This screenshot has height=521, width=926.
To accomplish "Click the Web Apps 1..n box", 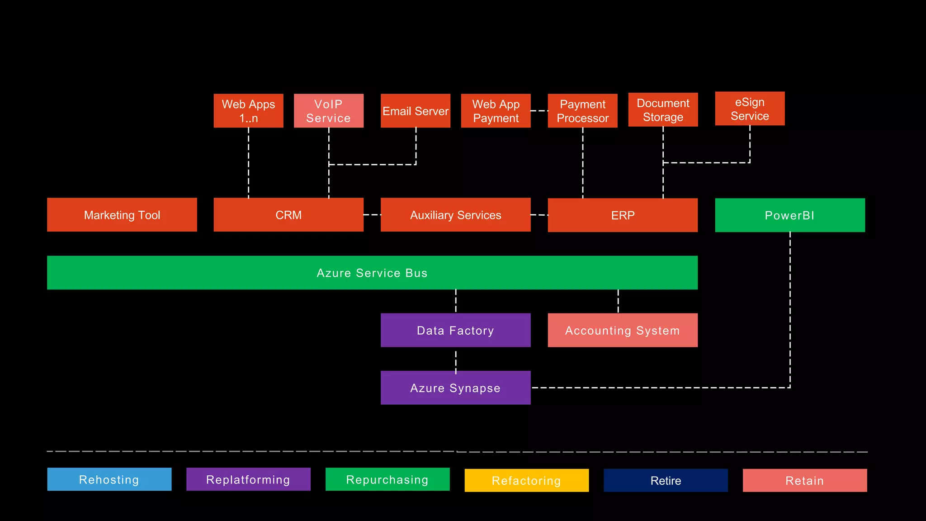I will pyautogui.click(x=248, y=111).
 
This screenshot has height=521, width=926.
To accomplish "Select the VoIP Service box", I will pyautogui.click(x=328, y=111).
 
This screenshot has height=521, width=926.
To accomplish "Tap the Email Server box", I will pyautogui.click(x=415, y=111).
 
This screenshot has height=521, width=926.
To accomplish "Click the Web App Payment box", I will pyautogui.click(x=496, y=111).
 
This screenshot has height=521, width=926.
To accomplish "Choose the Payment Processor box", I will pyautogui.click(x=582, y=111).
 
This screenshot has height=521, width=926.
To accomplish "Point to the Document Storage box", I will pyautogui.click(x=663, y=110).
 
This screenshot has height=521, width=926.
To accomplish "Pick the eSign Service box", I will pyautogui.click(x=750, y=109).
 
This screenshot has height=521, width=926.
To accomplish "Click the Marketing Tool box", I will pyautogui.click(x=122, y=215).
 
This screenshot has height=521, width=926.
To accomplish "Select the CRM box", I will pyautogui.click(x=288, y=215).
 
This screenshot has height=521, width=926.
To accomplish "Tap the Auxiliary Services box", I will pyautogui.click(x=455, y=215).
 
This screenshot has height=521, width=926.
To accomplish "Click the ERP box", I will pyautogui.click(x=623, y=215).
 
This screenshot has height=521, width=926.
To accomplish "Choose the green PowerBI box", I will pyautogui.click(x=789, y=215).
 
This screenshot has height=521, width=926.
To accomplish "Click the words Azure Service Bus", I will pyautogui.click(x=372, y=273).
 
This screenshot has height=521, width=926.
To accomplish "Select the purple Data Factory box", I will pyautogui.click(x=455, y=330).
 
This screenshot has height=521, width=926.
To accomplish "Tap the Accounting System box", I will pyautogui.click(x=623, y=330).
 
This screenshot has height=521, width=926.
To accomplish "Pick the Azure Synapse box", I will pyautogui.click(x=455, y=388).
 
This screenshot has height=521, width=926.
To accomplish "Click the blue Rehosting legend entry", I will pyautogui.click(x=109, y=479).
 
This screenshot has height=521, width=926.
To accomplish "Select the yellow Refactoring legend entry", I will pyautogui.click(x=526, y=480).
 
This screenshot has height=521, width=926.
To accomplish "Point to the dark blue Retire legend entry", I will pyautogui.click(x=666, y=480).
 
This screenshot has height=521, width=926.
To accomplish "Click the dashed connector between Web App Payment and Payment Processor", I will pyautogui.click(x=539, y=111).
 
